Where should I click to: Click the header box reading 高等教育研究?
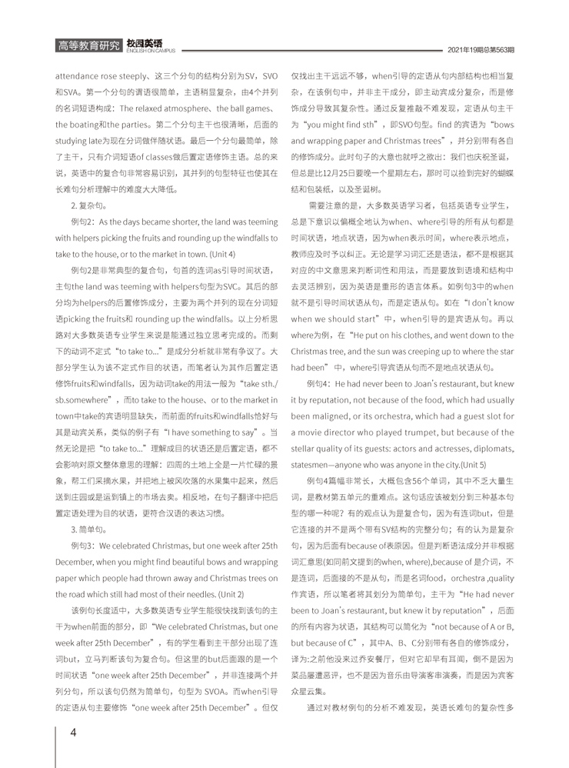coord(88,47)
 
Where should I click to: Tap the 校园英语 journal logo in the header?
coord(150,43)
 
